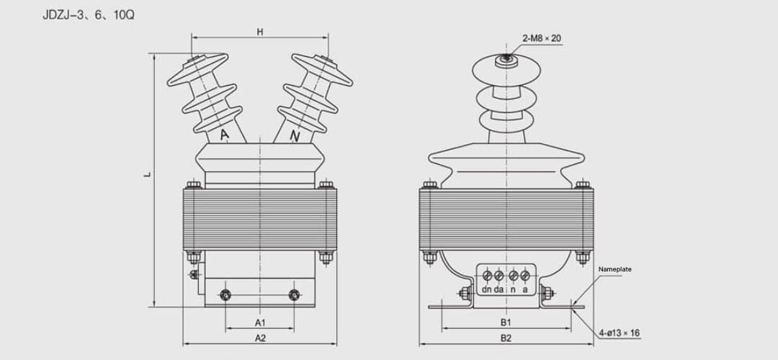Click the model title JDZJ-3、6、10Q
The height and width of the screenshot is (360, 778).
pyautogui.click(x=89, y=14)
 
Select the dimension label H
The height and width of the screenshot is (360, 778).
pyautogui.click(x=259, y=32)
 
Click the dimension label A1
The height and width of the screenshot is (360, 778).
pyautogui.click(x=260, y=322)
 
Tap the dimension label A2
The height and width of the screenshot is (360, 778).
pyautogui.click(x=260, y=337)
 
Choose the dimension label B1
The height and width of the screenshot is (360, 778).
pyautogui.click(x=506, y=322)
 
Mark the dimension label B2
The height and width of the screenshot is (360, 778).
pyautogui.click(x=506, y=337)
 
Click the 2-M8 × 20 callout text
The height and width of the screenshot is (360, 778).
pyautogui.click(x=541, y=38)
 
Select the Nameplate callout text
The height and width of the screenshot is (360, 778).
pyautogui.click(x=614, y=269)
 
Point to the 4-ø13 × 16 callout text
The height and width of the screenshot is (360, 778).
pyautogui.click(x=619, y=333)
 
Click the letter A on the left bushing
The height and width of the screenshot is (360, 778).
pyautogui.click(x=224, y=135)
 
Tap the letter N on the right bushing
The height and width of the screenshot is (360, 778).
pyautogui.click(x=294, y=135)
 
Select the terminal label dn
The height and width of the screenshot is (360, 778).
pyautogui.click(x=487, y=289)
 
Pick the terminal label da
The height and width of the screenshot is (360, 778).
pyautogui.click(x=499, y=289)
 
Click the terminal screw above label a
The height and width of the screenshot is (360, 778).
pyautogui.click(x=524, y=275)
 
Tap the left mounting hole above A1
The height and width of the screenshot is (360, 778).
pyautogui.click(x=225, y=294)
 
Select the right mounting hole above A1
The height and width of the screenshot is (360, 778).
pyautogui.click(x=294, y=294)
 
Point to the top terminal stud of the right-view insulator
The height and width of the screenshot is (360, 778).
pyautogui.click(x=506, y=58)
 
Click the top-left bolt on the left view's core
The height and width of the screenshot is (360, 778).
pyautogui.click(x=193, y=185)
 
